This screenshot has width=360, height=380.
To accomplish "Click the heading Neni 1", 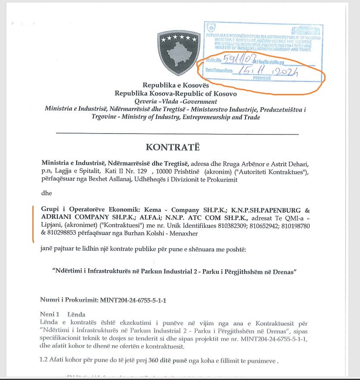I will click(x=52, y=314).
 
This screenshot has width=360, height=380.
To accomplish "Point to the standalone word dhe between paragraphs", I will click(x=47, y=193).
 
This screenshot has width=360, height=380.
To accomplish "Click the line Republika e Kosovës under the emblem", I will click(x=176, y=85).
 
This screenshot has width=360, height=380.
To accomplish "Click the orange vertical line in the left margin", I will click(x=33, y=224).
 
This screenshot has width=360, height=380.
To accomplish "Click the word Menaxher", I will click(x=187, y=233).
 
